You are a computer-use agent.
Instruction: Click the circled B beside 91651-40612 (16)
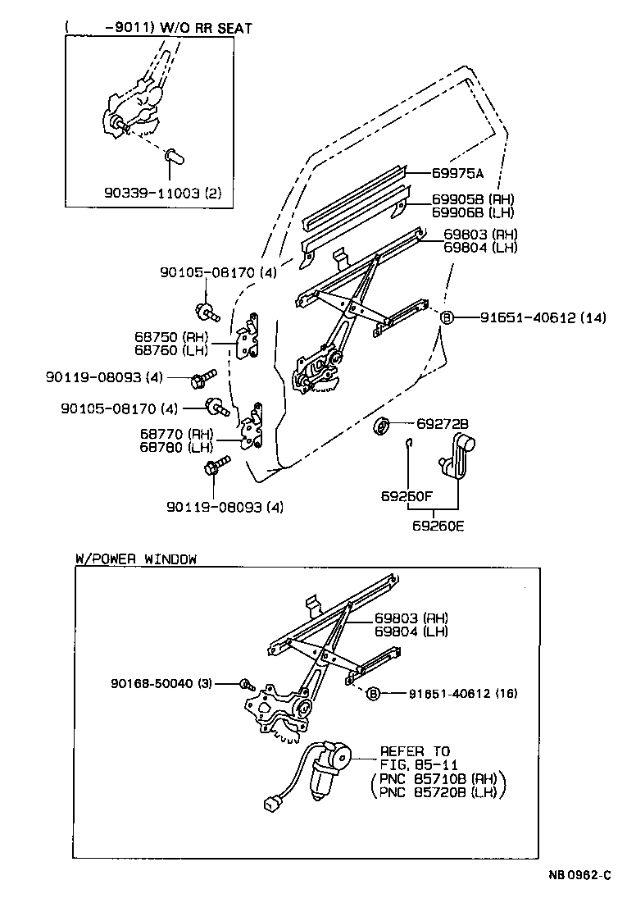(x=373, y=693)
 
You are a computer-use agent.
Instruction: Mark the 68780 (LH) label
(x=176, y=447)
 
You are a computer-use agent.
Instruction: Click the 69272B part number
(x=442, y=423)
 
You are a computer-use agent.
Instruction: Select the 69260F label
(x=407, y=497)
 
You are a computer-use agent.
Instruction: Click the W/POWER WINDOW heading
(x=136, y=559)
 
